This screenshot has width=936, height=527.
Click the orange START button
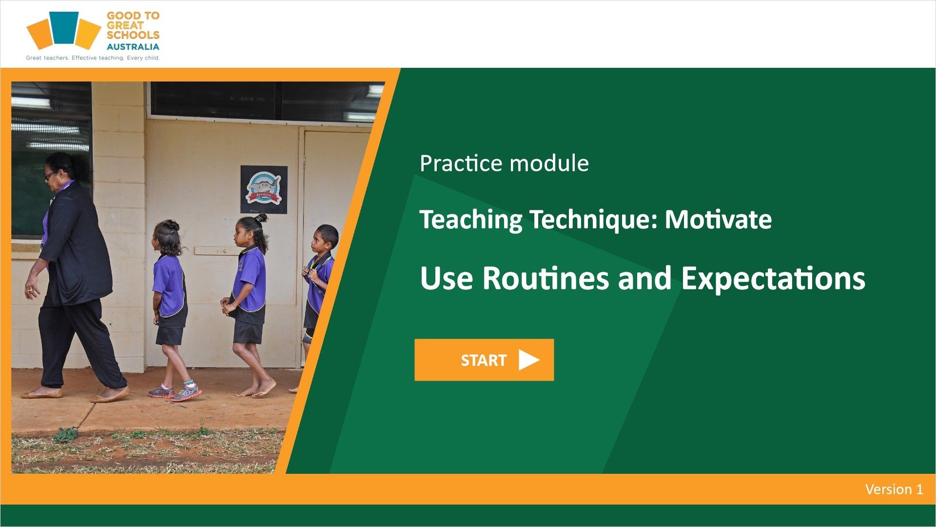click(484, 360)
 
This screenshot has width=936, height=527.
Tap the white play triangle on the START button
click(528, 360)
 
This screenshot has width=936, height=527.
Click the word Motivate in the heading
click(718, 220)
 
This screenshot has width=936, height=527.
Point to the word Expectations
click(773, 279)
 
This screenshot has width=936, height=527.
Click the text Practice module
click(504, 163)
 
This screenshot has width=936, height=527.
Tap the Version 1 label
click(894, 489)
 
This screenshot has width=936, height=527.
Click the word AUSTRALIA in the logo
click(133, 47)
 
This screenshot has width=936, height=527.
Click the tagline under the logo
click(93, 58)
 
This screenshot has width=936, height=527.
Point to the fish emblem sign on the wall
click(264, 189)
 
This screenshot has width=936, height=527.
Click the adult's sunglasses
click(50, 175)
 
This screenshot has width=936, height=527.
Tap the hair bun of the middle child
click(260, 218)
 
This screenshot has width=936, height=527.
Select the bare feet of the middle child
click(256, 389)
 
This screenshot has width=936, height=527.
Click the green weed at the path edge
click(65, 434)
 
